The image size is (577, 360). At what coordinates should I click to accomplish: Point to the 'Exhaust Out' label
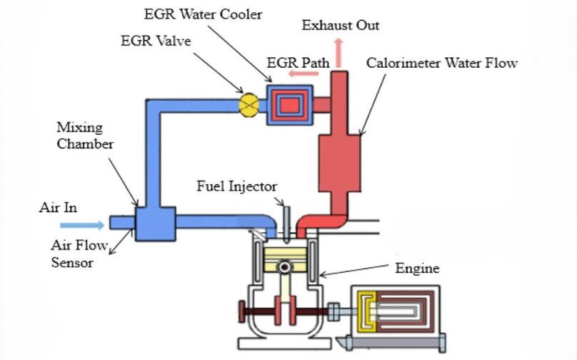[x=340, y=26]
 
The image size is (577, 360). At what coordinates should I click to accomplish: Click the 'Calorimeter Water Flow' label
[x=442, y=63]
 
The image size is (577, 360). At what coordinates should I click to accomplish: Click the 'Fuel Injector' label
[x=237, y=187]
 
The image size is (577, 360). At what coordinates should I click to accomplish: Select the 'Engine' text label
[x=417, y=269]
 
